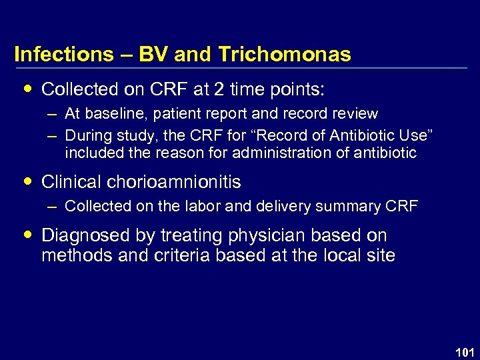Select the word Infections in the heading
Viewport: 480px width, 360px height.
[x=63, y=54]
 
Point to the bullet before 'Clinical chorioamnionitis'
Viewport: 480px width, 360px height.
[x=27, y=182]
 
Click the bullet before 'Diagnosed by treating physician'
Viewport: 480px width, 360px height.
[x=27, y=235]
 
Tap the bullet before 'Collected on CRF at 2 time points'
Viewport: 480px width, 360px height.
[x=27, y=89]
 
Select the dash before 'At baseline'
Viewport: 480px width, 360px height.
[x=52, y=114]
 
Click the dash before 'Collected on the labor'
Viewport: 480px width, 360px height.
[x=52, y=207]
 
